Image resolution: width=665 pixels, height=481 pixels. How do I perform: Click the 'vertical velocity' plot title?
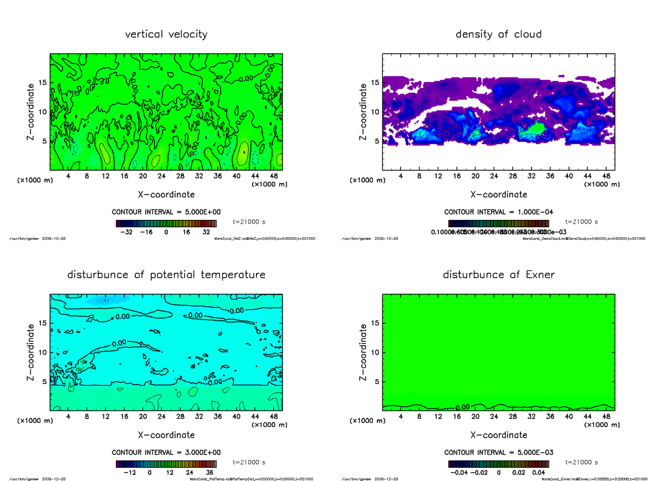[166, 34]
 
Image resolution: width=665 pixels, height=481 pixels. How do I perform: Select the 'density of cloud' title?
[498, 34]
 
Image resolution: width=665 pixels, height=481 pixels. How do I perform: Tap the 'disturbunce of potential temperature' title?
[166, 275]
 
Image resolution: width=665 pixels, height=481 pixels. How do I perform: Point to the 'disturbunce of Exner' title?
[498, 275]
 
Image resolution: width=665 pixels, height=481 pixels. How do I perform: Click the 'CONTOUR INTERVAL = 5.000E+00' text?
[166, 212]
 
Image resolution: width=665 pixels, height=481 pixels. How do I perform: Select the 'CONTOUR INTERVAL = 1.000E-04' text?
[498, 212]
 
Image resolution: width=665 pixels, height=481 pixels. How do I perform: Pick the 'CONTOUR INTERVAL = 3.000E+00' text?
[166, 452]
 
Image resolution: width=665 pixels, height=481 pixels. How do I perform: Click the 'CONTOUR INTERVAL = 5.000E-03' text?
[498, 452]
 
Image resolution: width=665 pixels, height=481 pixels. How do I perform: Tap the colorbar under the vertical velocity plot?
[166, 223]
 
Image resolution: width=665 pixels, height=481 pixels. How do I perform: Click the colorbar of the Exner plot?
[498, 463]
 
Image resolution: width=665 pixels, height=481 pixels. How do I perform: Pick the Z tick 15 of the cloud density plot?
[375, 83]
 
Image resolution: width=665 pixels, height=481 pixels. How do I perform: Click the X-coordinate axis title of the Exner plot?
[498, 435]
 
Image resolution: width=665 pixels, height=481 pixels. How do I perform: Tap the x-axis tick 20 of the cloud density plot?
[475, 176]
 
